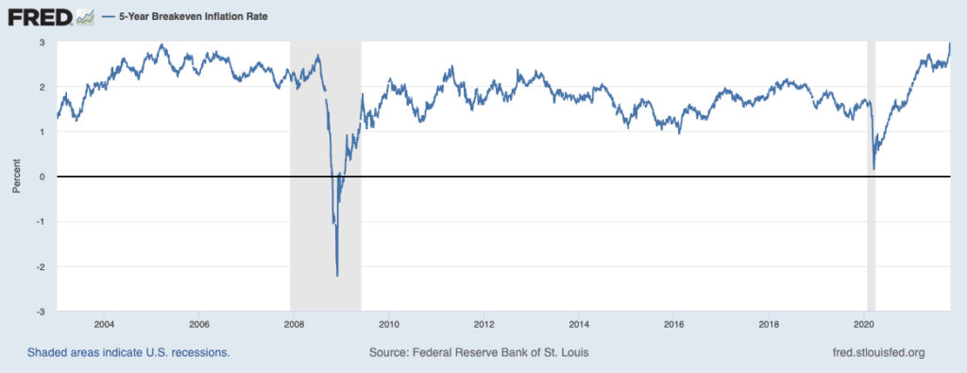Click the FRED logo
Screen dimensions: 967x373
point(41,17)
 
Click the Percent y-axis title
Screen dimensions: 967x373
point(17,177)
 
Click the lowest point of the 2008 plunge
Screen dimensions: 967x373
point(337,276)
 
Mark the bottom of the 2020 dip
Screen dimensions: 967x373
point(874,169)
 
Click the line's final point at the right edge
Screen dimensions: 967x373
point(950,43)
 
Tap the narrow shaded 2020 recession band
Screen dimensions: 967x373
point(871,177)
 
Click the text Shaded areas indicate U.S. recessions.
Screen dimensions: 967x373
point(128,353)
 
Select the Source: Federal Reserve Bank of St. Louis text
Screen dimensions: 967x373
point(479,353)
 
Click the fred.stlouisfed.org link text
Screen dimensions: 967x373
point(879,353)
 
